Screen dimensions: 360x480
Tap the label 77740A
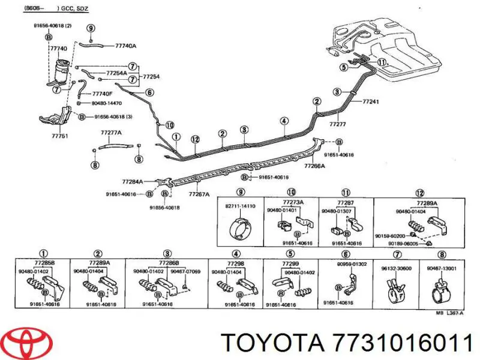click(x=125, y=46)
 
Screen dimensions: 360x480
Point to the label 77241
click(x=371, y=101)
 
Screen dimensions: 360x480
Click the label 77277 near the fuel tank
click(x=338, y=124)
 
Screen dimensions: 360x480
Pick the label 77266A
click(x=314, y=166)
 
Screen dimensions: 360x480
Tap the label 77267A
click(x=199, y=194)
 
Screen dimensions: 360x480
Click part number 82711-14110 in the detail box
click(x=241, y=206)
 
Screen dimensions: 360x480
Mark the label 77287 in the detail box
click(x=346, y=203)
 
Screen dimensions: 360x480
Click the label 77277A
click(x=111, y=132)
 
